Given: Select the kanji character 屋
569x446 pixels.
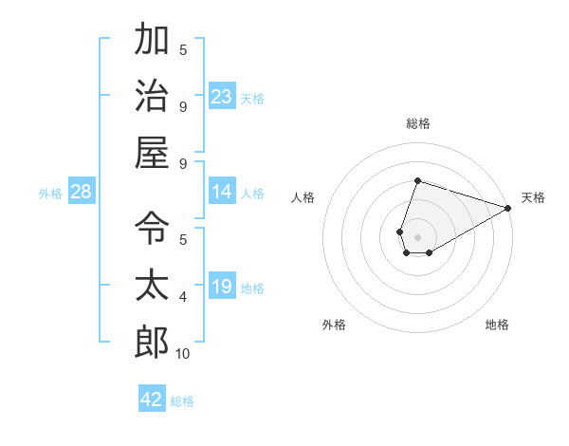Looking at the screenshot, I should (x=152, y=152).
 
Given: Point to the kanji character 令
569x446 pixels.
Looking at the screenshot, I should (x=152, y=228).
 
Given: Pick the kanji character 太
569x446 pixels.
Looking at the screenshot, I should (x=152, y=285).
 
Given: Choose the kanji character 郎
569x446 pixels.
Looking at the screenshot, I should (x=152, y=342).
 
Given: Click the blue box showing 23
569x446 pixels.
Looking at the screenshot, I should (x=222, y=97).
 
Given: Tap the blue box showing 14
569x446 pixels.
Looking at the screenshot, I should (x=222, y=192).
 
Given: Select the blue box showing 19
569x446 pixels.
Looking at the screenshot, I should (x=222, y=287).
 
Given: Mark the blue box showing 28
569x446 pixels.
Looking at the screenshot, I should (x=82, y=192).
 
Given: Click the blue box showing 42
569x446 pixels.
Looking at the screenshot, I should (x=152, y=400).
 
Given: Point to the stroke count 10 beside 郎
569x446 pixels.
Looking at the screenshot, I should (x=182, y=354).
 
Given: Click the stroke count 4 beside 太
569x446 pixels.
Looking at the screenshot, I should (x=182, y=297).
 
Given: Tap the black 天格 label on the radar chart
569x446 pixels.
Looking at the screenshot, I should (x=533, y=197).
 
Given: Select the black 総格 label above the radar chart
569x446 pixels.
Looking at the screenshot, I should (x=417, y=123).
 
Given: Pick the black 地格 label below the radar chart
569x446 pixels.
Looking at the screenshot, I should (x=497, y=325).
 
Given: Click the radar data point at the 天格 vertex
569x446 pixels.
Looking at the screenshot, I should (x=509, y=208).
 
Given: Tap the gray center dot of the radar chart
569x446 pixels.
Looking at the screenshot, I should (x=417, y=235).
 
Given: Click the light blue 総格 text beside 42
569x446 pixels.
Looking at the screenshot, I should (x=182, y=401).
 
